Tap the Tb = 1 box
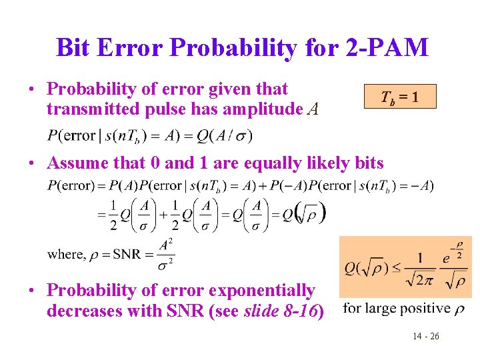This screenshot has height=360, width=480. pyautogui.click(x=400, y=97)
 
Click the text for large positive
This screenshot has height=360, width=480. pyautogui.click(x=397, y=308)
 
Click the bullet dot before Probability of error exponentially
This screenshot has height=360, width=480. pyautogui.click(x=31, y=291)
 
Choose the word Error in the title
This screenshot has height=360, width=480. pyautogui.click(x=133, y=47)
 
